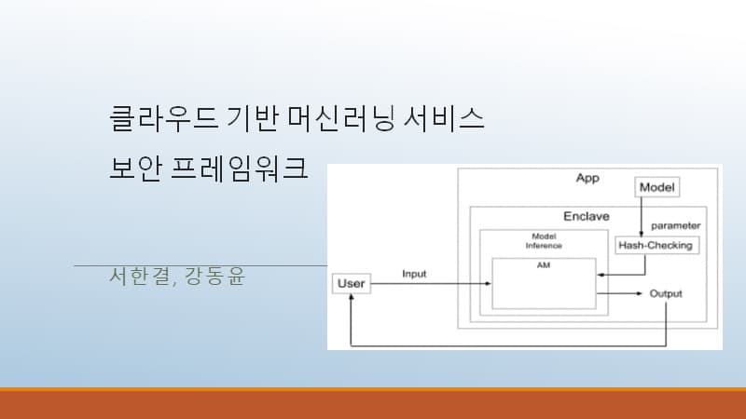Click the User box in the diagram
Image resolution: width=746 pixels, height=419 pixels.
[352, 282]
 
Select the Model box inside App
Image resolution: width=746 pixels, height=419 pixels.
[657, 187]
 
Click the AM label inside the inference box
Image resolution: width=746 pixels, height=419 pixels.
[544, 265]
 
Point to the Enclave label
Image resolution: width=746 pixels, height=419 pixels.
[586, 216]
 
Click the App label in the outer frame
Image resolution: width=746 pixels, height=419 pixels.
[587, 177]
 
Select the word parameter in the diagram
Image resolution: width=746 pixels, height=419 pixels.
[675, 225]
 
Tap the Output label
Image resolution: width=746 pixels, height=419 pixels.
[666, 293]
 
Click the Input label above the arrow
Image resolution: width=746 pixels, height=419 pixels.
[415, 274]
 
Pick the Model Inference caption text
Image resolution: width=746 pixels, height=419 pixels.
[545, 241]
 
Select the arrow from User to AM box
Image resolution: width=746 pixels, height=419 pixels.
[429, 282]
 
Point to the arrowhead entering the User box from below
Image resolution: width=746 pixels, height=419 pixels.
[351, 298]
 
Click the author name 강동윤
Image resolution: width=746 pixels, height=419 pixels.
[214, 277]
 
